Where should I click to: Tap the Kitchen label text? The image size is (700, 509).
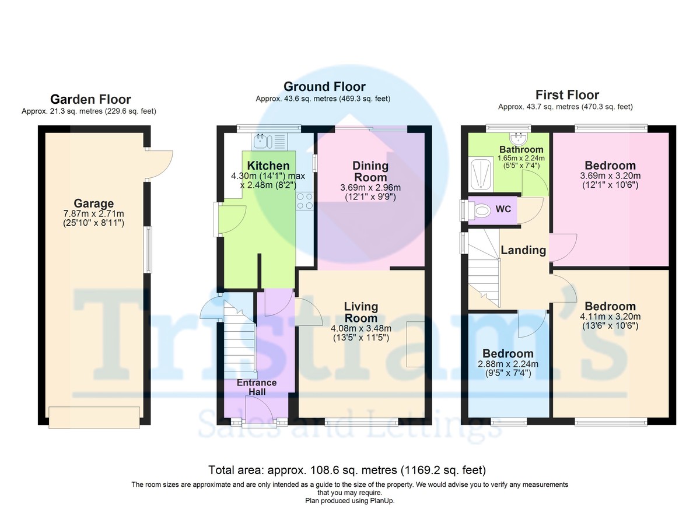[268, 166]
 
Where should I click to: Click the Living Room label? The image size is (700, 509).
[360, 313]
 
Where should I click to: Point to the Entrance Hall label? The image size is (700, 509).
[257, 387]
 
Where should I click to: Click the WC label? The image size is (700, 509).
[503, 209]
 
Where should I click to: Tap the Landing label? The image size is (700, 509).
[523, 250]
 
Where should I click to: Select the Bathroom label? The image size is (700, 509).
[521, 150]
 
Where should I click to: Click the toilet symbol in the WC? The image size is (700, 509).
[482, 209]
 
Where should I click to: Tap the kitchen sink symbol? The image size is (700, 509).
[260, 140]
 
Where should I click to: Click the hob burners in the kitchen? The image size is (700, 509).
[304, 201]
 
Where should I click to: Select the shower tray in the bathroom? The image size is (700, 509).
[480, 173]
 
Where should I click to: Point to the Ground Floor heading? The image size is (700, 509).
[324, 87]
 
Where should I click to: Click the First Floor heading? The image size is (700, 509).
[567, 95]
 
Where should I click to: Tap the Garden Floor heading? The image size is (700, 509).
[90, 99]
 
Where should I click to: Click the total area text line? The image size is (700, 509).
[347, 470]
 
